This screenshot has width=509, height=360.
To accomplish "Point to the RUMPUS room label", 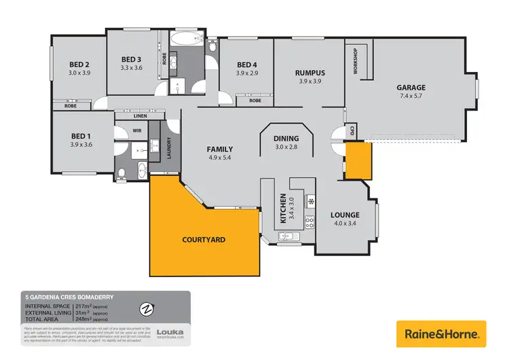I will (309, 73).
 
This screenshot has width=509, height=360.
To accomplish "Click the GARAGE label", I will (411, 88).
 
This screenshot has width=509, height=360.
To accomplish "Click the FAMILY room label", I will (220, 149).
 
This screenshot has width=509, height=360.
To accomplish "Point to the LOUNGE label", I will (344, 215).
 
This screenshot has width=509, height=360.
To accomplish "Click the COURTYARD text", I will (204, 240).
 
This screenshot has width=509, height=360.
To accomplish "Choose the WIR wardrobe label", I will (136, 130).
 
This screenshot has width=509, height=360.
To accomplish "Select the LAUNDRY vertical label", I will (169, 148).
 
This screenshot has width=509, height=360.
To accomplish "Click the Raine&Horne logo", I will (442, 334).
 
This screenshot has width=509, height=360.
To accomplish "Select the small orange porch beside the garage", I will (358, 160).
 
